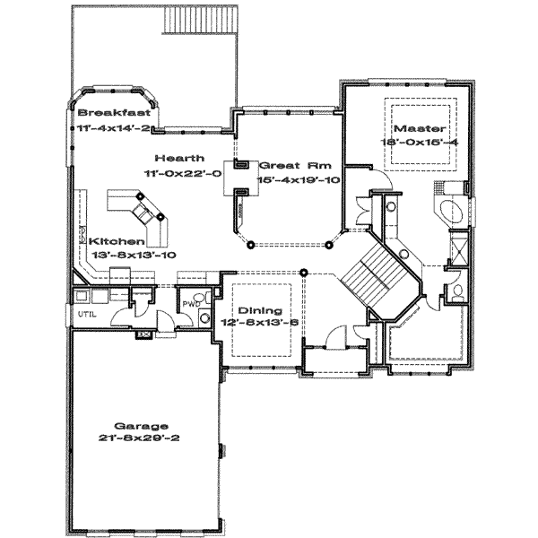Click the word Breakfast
113,113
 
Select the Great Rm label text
288,166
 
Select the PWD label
190,305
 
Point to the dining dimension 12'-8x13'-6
261,323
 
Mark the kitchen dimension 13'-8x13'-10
133,255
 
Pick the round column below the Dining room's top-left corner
303,272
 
